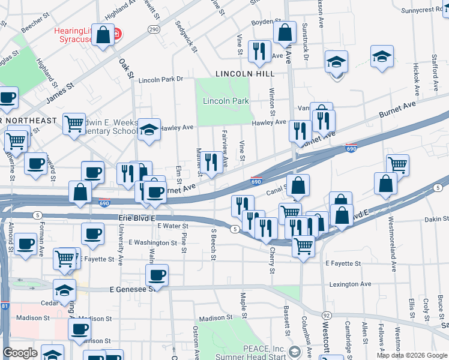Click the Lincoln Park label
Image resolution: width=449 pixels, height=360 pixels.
[x=226, y=101]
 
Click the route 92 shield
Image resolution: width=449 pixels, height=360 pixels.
[x=327, y=315]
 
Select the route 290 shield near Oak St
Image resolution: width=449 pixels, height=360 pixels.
[x=154, y=29]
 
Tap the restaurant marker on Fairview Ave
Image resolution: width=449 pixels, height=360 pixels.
[x=210, y=163]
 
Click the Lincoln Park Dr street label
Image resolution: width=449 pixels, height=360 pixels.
[x=160, y=79]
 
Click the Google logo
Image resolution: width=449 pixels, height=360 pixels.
[x=20, y=353]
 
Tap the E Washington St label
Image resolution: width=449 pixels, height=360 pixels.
[x=152, y=242]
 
